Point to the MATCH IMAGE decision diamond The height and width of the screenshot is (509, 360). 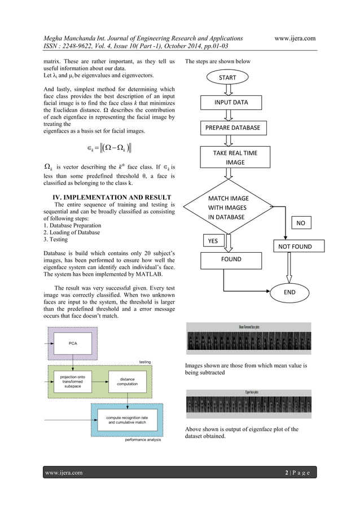[229, 208]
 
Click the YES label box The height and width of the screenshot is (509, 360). [213, 241]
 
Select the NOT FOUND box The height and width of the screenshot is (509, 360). [292, 246]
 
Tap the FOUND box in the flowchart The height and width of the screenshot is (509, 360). [231, 260]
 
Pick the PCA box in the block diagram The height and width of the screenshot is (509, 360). [73, 343]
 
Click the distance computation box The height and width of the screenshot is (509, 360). [127, 382]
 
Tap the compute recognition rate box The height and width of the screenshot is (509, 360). [126, 419]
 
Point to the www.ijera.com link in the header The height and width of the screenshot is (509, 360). [295, 38]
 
